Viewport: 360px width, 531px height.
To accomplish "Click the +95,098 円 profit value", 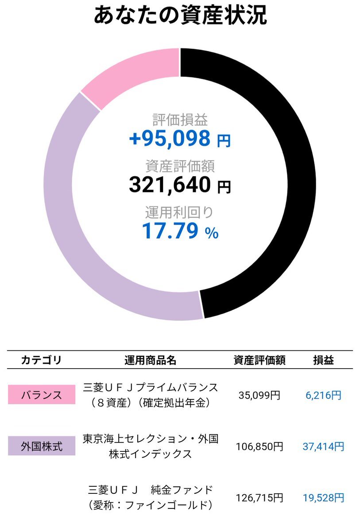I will tap(180, 139).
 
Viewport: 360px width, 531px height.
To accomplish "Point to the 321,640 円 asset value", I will tap(180, 185).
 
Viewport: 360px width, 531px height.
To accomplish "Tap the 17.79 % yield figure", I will tap(180, 231).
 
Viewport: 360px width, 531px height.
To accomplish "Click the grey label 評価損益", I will tap(180, 119).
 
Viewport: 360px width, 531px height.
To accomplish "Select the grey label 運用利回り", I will tap(180, 212).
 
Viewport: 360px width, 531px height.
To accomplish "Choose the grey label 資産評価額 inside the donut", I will tap(180, 166).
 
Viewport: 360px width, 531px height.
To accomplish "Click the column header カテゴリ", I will tap(41, 360).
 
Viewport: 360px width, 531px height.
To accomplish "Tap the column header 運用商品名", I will tap(151, 360).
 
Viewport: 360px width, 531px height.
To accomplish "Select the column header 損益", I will tap(323, 360).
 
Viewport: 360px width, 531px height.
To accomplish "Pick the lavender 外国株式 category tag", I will tap(42, 446).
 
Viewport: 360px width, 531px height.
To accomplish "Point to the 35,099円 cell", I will tap(259, 395).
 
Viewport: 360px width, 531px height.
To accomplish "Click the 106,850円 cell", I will tap(259, 446).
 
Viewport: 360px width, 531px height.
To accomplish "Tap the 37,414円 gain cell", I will tap(323, 446).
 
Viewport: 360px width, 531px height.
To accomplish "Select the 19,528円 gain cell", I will tap(323, 498).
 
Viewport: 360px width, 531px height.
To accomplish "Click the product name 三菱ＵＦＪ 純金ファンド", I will tap(151, 490).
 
